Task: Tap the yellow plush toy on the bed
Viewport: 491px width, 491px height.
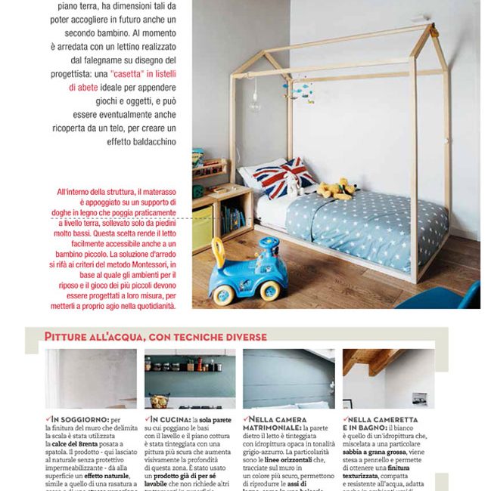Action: pyautogui.click(x=334, y=189)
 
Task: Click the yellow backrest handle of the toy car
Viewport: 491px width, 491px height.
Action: pyautogui.click(x=219, y=252)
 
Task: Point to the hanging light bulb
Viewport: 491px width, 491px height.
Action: pyautogui.click(x=255, y=104)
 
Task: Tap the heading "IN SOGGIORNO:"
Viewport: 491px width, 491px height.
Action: pyautogui.click(x=79, y=419)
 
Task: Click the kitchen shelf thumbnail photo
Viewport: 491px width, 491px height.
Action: pyautogui.click(x=190, y=378)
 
